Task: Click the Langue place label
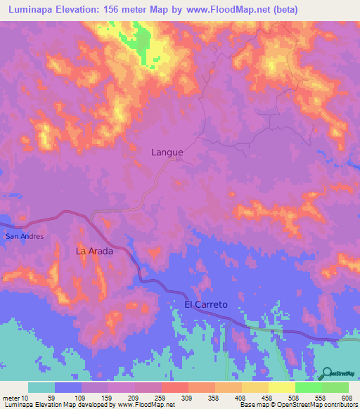(x=167, y=152)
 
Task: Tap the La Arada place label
(x=94, y=250)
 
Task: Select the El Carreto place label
(x=206, y=304)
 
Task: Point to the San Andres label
(x=25, y=236)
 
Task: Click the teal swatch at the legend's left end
(x=41, y=387)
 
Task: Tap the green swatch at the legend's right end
(x=335, y=387)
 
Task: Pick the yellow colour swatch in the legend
(x=281, y=387)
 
